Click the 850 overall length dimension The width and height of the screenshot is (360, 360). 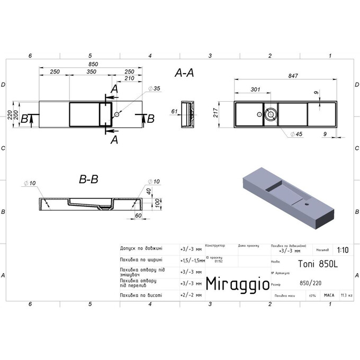tap(94, 64)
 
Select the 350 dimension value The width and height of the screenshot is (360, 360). tap(91, 71)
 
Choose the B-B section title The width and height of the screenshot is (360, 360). tap(88, 180)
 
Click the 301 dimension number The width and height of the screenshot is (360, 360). tap(255, 89)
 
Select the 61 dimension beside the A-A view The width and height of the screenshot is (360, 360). tap(174, 112)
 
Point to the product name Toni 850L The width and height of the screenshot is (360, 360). tap(310, 262)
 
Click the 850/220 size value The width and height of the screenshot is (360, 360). tap(309, 282)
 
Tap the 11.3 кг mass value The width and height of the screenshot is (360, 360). tap(346, 295)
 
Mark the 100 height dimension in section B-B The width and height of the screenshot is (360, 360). tap(157, 202)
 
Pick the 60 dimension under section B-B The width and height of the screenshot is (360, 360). tap(138, 216)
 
